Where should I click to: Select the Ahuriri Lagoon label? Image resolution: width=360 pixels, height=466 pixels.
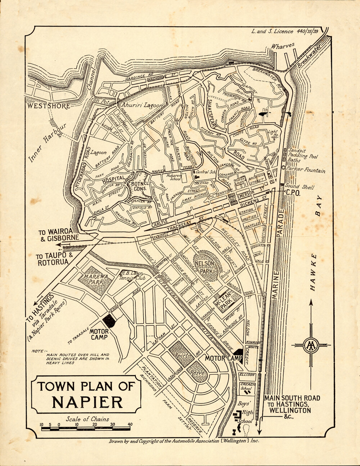(142, 105)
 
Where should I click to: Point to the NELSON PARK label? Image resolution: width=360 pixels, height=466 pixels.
(206, 267)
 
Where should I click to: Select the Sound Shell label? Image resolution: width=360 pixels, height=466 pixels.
(300, 187)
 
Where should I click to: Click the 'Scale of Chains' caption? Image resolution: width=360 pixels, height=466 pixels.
(87, 419)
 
